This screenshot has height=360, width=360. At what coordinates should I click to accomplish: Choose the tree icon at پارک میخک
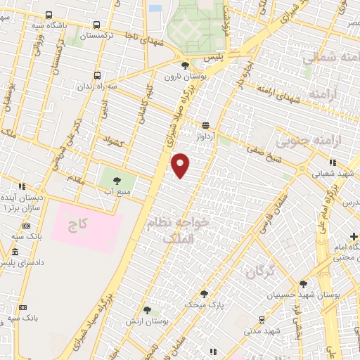tap(204, 295)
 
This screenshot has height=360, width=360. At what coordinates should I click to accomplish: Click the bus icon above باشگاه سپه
tap(48, 15)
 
